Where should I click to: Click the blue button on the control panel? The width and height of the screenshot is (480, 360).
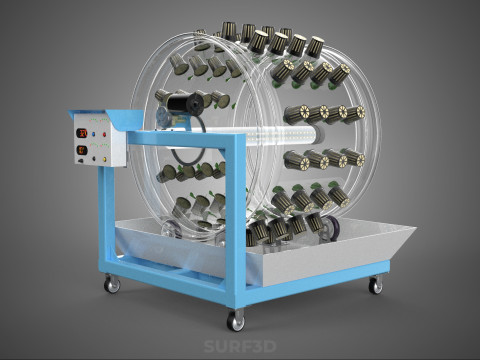pos(93,134)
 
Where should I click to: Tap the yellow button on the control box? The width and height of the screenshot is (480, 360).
pos(104,159)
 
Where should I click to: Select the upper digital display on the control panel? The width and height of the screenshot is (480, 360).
pos(82,133)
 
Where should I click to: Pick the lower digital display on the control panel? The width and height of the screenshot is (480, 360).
pos(82,150)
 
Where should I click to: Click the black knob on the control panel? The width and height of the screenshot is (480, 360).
pos(94,159)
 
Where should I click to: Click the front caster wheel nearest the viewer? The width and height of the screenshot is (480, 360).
pos(235,322)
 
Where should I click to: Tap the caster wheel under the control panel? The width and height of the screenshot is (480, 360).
pos(113,284)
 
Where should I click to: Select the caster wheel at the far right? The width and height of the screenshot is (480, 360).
pos(376,286)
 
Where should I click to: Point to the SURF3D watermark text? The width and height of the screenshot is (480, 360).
pos(240,346)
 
